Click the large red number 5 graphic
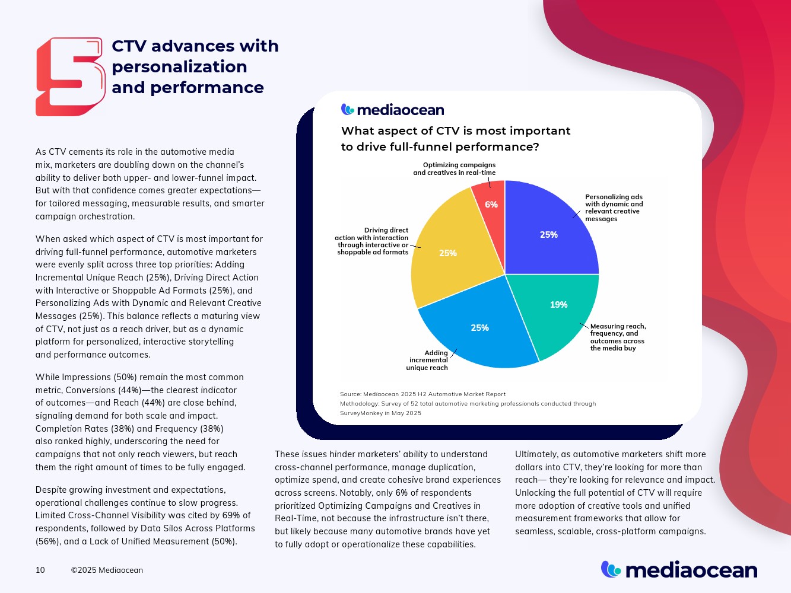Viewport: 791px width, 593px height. (x=70, y=77)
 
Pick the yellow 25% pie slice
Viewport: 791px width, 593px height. (x=451, y=252)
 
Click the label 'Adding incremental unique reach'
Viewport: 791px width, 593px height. (x=428, y=361)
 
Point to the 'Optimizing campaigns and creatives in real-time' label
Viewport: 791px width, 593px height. (x=455, y=169)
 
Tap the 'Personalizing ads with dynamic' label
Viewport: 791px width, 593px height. (x=614, y=208)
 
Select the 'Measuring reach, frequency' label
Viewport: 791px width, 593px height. (x=618, y=337)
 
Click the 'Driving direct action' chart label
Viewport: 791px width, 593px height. (x=373, y=241)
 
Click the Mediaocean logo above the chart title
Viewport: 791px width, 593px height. (x=392, y=110)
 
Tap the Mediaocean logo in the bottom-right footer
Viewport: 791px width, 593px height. (x=679, y=570)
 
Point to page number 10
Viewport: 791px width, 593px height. (x=40, y=570)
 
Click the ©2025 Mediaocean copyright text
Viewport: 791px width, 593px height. (x=107, y=570)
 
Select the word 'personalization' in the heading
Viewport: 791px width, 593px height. (x=179, y=66)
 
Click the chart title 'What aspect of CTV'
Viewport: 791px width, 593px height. (x=455, y=131)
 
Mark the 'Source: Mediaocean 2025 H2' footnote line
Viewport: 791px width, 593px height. (x=422, y=394)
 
